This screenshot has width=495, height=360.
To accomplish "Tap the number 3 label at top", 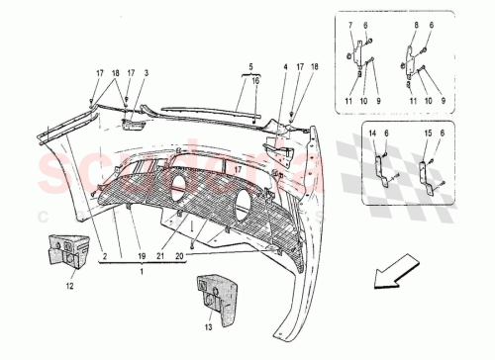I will [x=146, y=73].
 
